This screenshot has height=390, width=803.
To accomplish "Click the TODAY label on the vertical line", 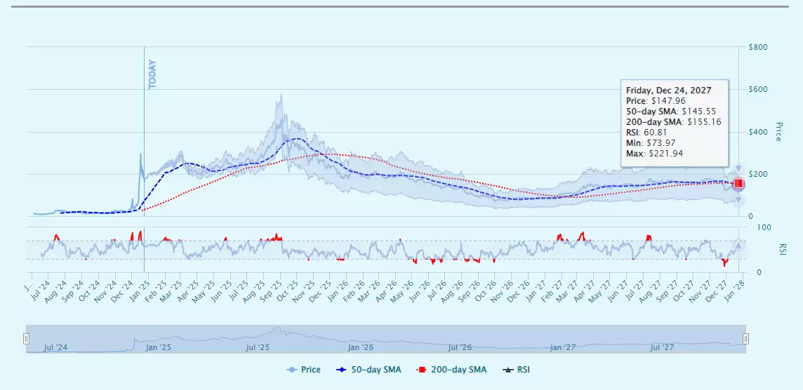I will (x=152, y=74).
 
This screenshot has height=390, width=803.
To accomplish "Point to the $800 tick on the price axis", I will (x=757, y=47).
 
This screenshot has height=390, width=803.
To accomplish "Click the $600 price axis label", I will (x=757, y=89).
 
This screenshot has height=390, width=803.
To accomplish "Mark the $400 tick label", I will (x=757, y=132).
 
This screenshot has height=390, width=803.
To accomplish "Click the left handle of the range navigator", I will (x=27, y=339).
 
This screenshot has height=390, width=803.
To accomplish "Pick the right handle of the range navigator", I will (x=745, y=339).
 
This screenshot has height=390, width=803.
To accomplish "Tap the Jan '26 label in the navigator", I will (x=359, y=347).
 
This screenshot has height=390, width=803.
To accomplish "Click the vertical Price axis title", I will (x=778, y=131).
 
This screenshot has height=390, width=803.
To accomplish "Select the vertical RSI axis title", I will (x=782, y=249).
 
